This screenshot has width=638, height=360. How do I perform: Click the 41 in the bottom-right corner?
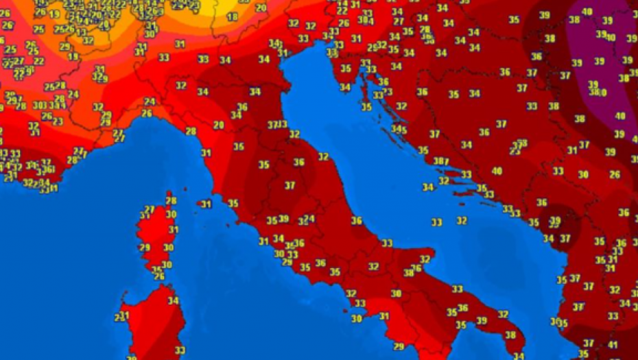612,345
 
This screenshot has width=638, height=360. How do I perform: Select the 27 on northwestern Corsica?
150,210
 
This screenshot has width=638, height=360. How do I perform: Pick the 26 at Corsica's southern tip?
159,276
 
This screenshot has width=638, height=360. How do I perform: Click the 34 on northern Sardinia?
173,300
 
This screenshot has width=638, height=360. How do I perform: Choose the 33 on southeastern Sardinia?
180,350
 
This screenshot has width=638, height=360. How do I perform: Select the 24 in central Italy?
309,219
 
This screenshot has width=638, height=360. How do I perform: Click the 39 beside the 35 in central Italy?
283,220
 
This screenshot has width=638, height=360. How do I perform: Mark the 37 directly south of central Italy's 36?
290,185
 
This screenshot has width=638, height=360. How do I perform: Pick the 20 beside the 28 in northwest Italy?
219,125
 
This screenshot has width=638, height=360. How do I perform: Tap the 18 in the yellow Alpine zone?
233,16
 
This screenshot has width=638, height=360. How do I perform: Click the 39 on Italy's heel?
482,320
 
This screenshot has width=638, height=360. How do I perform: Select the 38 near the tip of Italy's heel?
510,335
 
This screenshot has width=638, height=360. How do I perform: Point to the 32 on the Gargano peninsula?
425,259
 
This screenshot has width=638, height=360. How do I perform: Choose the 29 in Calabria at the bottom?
399,346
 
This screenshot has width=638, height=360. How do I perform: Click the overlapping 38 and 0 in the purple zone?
597,92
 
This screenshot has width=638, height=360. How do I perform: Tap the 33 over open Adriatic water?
437,222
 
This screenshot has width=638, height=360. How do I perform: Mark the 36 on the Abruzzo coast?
356,221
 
